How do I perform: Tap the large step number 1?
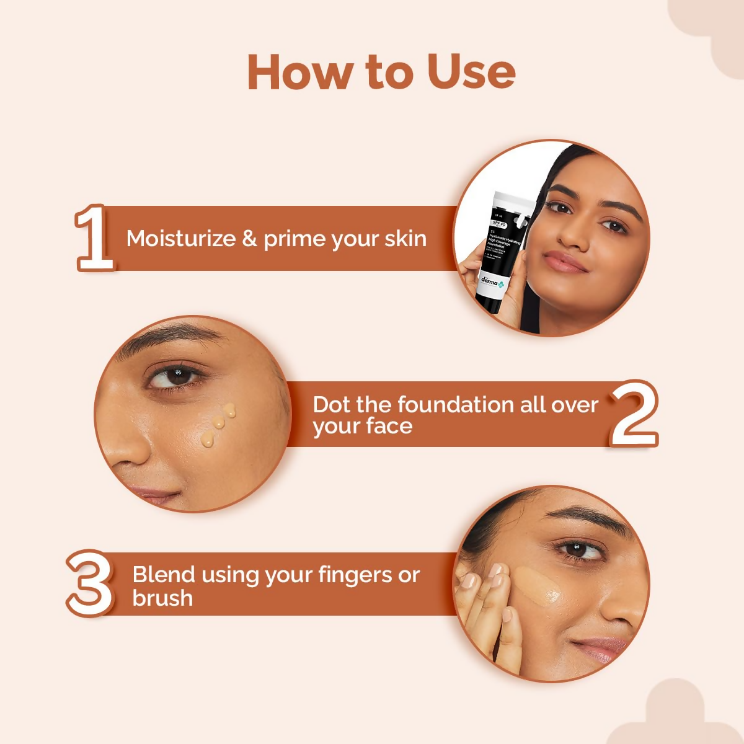[x=95, y=239]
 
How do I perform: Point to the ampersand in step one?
[x=249, y=239]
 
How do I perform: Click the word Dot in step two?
[x=331, y=405]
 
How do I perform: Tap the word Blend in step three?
[x=162, y=575]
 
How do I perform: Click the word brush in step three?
[x=162, y=598]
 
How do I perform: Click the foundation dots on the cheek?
[x=218, y=425]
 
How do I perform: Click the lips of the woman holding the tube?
[x=565, y=262]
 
